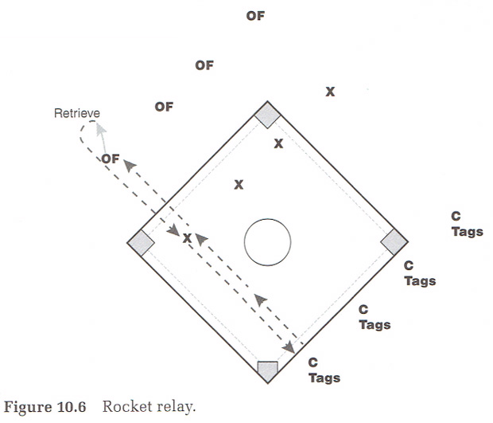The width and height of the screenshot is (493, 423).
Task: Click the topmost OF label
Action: (255, 15)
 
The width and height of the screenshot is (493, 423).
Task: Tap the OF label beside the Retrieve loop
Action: (110, 159)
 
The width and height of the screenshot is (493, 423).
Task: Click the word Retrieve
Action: (76, 114)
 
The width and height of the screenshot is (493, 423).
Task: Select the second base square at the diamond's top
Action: (267, 115)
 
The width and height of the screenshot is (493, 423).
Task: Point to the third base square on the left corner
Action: (142, 242)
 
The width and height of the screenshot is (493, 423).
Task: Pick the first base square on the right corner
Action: (394, 242)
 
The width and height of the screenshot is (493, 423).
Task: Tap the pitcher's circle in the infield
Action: (267, 241)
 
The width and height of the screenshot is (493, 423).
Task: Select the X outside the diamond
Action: (330, 92)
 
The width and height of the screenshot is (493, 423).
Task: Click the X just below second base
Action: (278, 143)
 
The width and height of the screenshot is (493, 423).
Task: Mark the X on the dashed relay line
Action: (188, 238)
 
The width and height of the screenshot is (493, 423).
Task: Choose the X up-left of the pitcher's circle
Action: (238, 185)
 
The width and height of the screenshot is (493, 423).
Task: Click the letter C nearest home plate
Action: (312, 362)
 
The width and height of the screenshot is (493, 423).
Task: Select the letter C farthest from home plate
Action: (456, 216)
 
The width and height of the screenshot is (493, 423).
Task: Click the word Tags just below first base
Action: (419, 280)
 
